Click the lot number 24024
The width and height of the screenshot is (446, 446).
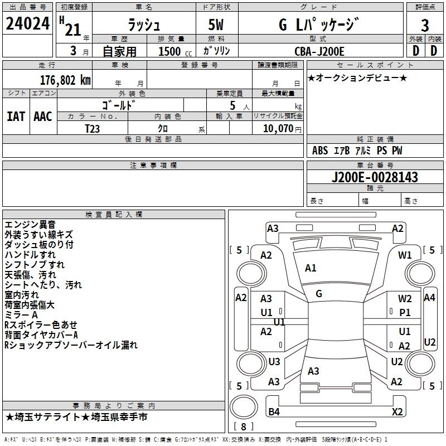point(27,25)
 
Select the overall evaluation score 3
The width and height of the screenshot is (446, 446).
point(425,25)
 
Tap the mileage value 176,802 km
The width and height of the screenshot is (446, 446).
point(65,80)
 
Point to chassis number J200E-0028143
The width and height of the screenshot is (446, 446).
point(375,178)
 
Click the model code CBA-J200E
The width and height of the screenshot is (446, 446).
point(319,51)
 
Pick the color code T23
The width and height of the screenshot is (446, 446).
point(93,128)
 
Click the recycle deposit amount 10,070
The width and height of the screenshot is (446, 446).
point(277,129)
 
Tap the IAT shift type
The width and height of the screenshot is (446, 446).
point(15,116)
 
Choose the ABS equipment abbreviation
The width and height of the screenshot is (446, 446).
point(320,151)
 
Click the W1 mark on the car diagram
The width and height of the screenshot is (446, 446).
point(405,255)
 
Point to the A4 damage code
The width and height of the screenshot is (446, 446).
point(429,298)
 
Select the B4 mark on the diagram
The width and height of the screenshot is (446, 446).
point(274,412)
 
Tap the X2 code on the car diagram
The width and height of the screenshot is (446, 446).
point(397,412)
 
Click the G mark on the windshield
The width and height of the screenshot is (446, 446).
point(319,294)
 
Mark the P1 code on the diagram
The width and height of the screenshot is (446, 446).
point(405,313)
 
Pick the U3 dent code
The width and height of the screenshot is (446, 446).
point(274,362)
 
